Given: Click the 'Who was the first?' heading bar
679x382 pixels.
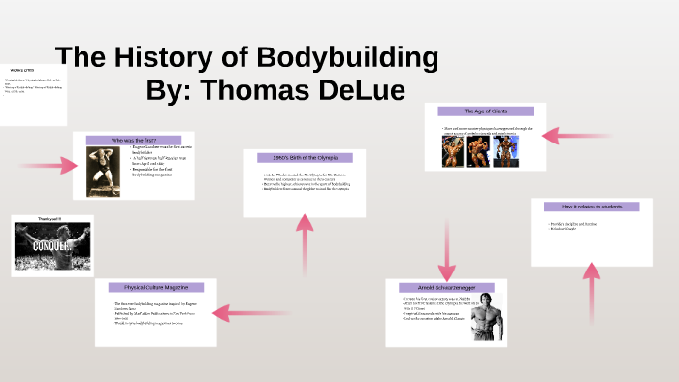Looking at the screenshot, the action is [134, 141].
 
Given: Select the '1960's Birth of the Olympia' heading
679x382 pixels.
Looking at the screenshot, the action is [305, 157].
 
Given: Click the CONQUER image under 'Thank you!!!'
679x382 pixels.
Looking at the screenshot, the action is [52, 245].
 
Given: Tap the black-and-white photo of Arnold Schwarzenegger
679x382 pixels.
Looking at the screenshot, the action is [482, 320].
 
